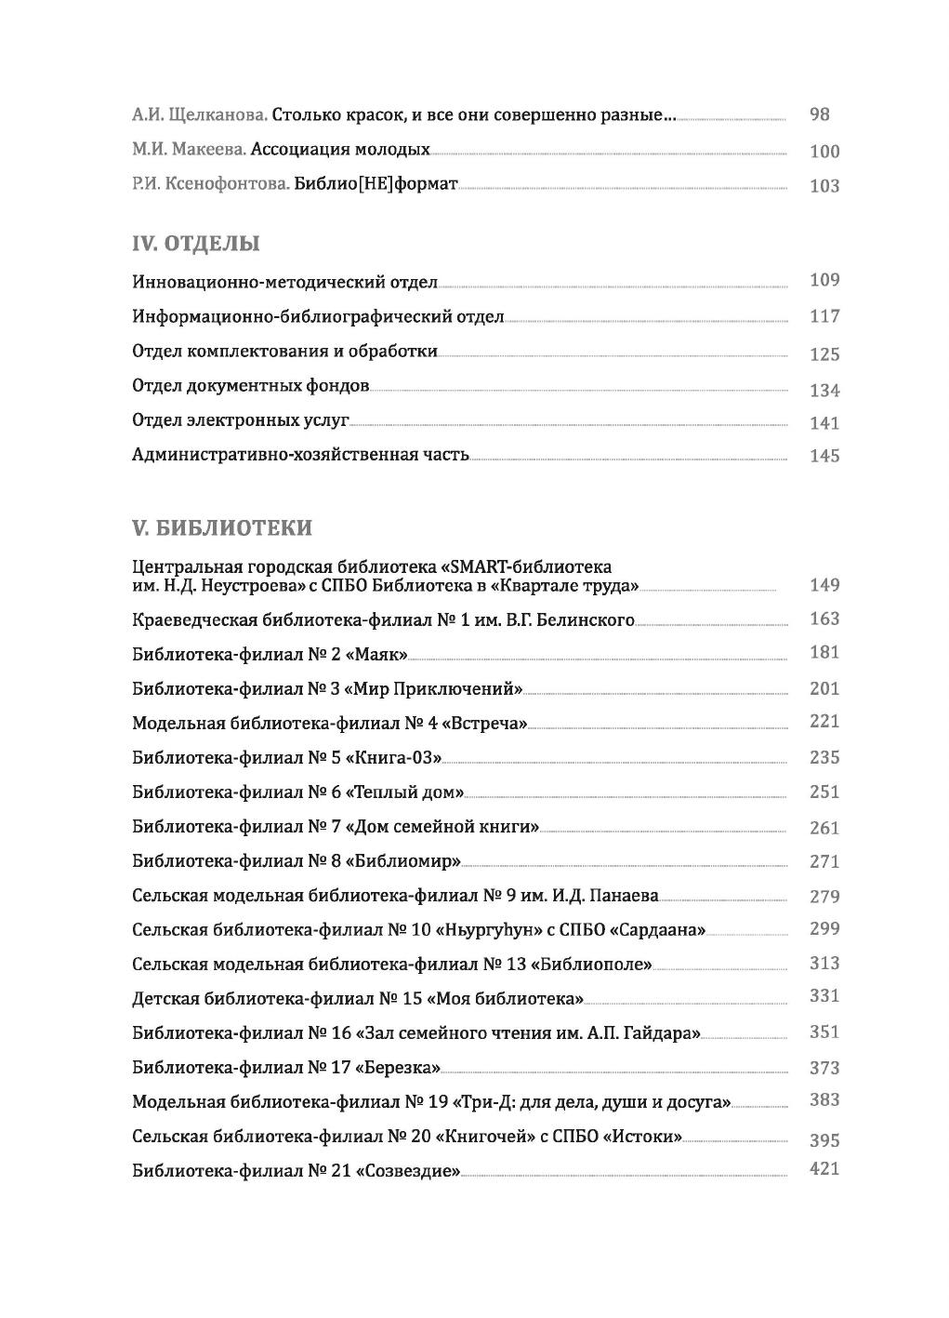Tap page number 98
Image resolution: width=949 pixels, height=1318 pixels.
point(820,114)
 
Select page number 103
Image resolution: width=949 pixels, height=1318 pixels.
point(824,186)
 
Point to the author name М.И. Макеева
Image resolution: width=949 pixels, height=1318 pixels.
point(189,149)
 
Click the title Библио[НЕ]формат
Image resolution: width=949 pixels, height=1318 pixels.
point(376,184)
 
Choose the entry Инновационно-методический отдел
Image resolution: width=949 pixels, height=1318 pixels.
point(284,282)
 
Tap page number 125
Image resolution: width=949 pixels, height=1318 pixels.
point(824,354)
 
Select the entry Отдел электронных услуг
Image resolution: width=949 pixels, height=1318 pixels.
point(241,420)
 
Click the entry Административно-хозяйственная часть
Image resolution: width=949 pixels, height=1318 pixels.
point(300,456)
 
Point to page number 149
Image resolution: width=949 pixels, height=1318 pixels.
point(824,585)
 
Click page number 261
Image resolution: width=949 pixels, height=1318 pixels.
point(824,828)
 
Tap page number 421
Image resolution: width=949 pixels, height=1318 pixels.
point(824,1169)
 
